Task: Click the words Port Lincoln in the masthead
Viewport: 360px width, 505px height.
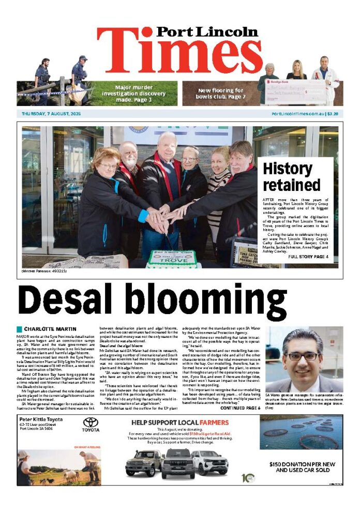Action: (207, 32)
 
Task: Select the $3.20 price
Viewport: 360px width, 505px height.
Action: (332, 113)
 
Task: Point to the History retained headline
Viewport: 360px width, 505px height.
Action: (288, 176)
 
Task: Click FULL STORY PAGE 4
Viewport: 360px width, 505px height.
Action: (308, 257)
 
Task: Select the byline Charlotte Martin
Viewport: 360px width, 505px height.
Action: (50, 329)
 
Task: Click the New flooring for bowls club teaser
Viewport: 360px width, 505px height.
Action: (221, 93)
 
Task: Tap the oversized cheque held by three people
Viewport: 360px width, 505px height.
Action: (295, 92)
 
